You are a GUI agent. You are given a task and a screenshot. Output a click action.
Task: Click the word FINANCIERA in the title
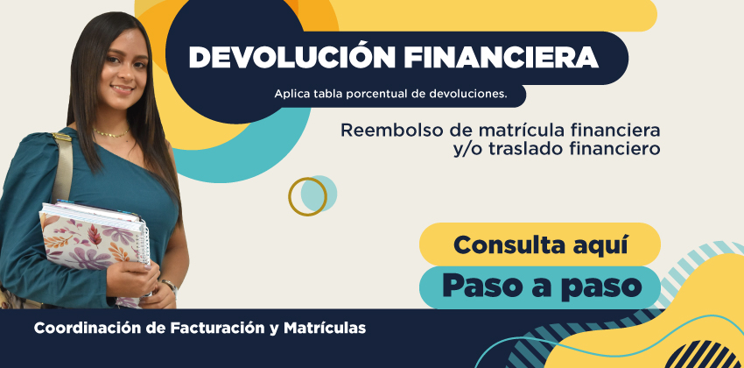(501, 58)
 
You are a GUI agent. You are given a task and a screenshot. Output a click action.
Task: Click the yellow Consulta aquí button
(540, 244)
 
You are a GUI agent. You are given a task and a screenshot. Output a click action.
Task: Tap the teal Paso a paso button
(540, 287)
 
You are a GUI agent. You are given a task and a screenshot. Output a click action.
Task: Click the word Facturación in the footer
(216, 328)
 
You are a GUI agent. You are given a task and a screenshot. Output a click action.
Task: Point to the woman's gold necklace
(111, 133)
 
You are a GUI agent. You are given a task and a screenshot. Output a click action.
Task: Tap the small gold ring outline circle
(308, 196)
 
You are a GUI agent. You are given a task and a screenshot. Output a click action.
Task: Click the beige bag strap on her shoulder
(63, 166)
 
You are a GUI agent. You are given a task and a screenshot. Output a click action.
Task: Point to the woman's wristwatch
(170, 287)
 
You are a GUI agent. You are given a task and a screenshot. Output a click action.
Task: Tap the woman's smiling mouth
(123, 89)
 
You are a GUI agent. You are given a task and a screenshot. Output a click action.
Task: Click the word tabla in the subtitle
(328, 94)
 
